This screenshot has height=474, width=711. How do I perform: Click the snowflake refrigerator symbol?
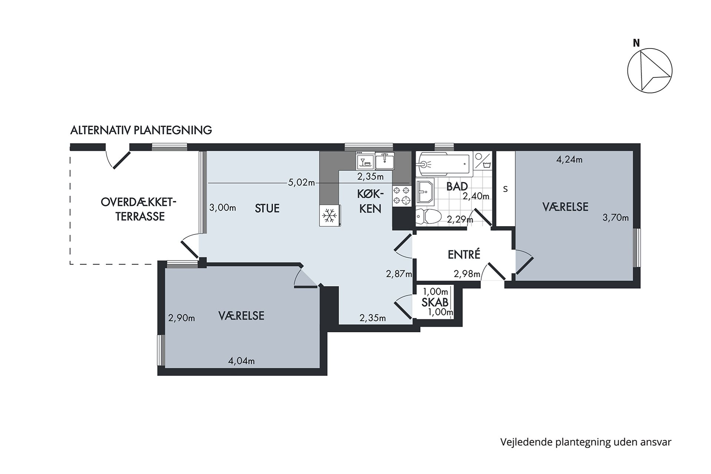[x=329, y=215]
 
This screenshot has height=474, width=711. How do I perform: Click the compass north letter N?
[x=636, y=43]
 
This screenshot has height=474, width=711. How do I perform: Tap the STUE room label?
[x=267, y=208]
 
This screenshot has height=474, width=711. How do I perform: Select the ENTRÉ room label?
[x=464, y=255]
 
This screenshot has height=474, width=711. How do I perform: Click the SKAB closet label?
[x=435, y=302]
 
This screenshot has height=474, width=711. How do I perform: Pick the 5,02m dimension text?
[x=301, y=183]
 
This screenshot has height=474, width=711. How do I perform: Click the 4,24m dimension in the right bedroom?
[x=569, y=160]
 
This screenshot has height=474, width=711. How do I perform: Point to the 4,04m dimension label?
[x=241, y=361]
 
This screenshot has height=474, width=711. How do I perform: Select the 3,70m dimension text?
[x=615, y=218]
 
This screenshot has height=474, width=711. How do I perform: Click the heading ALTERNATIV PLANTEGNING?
[x=141, y=130]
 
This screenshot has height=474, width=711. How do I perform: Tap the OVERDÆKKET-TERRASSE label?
[x=139, y=209]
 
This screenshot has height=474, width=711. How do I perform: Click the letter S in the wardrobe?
[x=505, y=189]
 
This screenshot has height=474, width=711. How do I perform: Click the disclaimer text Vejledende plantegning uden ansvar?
[x=585, y=442]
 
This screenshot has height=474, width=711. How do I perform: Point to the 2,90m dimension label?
[x=181, y=318]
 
